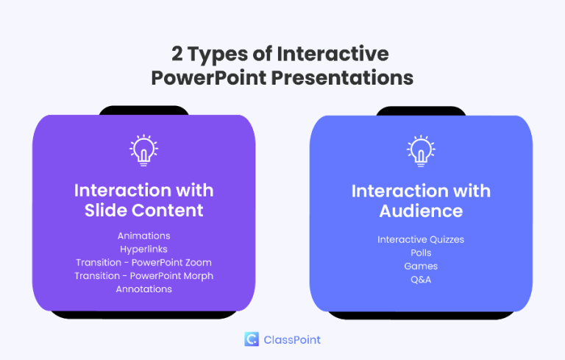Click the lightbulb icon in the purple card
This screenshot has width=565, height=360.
143,150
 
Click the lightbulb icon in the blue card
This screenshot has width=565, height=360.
421,150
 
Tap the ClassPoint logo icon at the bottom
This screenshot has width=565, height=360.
252,339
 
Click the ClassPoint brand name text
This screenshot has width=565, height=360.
292,339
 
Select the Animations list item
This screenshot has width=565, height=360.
143,236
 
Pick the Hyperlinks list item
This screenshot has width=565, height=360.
143,249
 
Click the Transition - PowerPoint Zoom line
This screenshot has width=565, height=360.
143,262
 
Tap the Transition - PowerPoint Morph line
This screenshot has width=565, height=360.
143,275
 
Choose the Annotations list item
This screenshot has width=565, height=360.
143,289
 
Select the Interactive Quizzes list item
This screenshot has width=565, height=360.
421,239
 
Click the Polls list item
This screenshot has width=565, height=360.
421,253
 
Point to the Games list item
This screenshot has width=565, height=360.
421,266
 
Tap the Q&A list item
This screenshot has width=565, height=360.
421,279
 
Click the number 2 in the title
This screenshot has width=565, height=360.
177,54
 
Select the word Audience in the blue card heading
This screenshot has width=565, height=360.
421,211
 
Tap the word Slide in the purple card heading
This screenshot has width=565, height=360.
107,210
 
